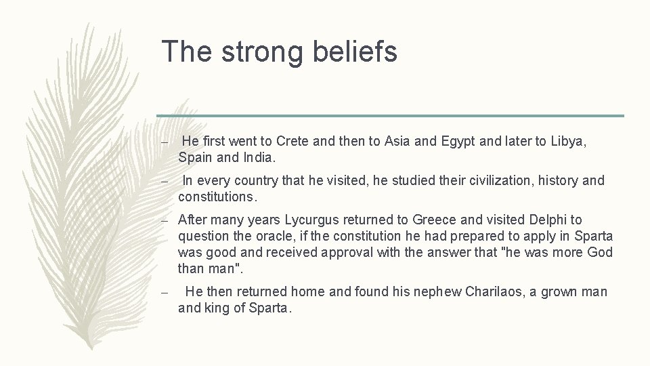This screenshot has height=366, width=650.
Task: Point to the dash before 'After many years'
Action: click(x=165, y=221)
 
